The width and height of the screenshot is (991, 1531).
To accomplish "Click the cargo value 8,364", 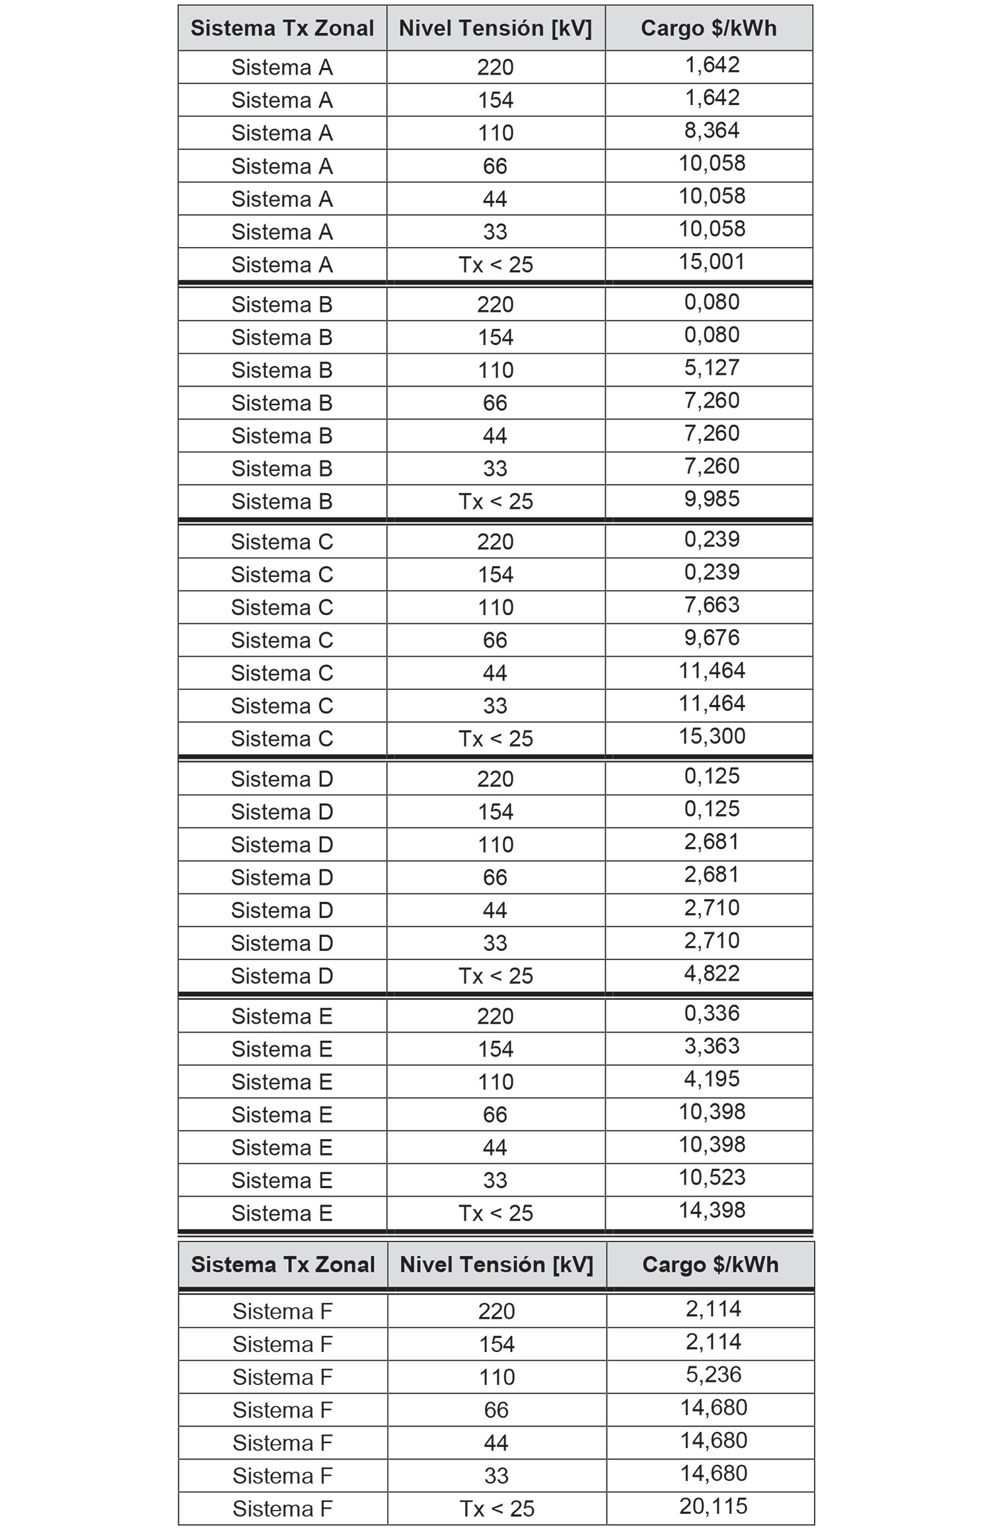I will (x=712, y=130).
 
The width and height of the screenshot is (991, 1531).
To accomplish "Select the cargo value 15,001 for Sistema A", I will (x=712, y=262).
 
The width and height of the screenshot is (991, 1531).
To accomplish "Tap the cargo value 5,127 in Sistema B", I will (x=712, y=367).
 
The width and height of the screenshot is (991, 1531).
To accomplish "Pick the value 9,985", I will (x=712, y=499).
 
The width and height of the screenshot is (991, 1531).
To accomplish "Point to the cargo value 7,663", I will (x=712, y=605).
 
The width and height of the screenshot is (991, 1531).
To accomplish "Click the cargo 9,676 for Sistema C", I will (x=712, y=638).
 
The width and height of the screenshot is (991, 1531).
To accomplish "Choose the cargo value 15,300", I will (x=712, y=736).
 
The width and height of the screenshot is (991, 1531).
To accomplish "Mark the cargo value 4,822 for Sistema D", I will (x=712, y=973).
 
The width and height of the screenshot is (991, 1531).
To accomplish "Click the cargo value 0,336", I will (x=712, y=1013).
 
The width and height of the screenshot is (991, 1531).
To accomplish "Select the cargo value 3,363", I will (x=712, y=1046).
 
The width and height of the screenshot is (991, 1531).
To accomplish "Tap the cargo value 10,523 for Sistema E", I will (x=712, y=1177).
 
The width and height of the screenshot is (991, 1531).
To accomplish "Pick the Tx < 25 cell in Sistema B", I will (x=495, y=502).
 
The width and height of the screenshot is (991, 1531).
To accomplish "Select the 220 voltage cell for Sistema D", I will (x=495, y=779).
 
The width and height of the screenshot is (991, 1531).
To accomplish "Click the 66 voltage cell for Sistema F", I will (x=496, y=1410).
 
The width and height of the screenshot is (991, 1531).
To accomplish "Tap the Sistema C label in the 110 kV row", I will (x=282, y=607).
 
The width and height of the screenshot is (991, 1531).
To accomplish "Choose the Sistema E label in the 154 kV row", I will (x=282, y=1049).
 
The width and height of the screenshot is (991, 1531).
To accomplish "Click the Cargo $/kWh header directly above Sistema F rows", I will (x=710, y=1265).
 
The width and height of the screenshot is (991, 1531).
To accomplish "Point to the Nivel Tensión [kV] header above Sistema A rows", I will (x=495, y=28).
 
